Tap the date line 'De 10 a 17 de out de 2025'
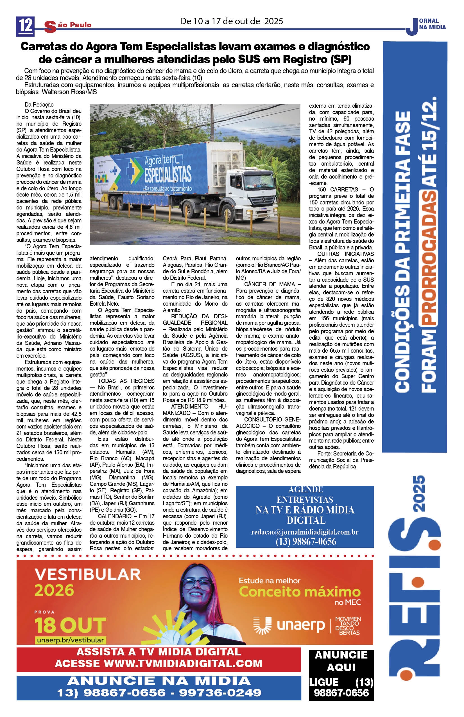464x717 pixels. (231, 21)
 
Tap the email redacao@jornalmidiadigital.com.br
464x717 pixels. (305, 532)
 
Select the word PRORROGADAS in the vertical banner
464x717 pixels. (429, 258)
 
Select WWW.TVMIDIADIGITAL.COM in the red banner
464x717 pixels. (183, 663)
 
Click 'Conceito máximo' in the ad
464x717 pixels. (300, 592)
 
